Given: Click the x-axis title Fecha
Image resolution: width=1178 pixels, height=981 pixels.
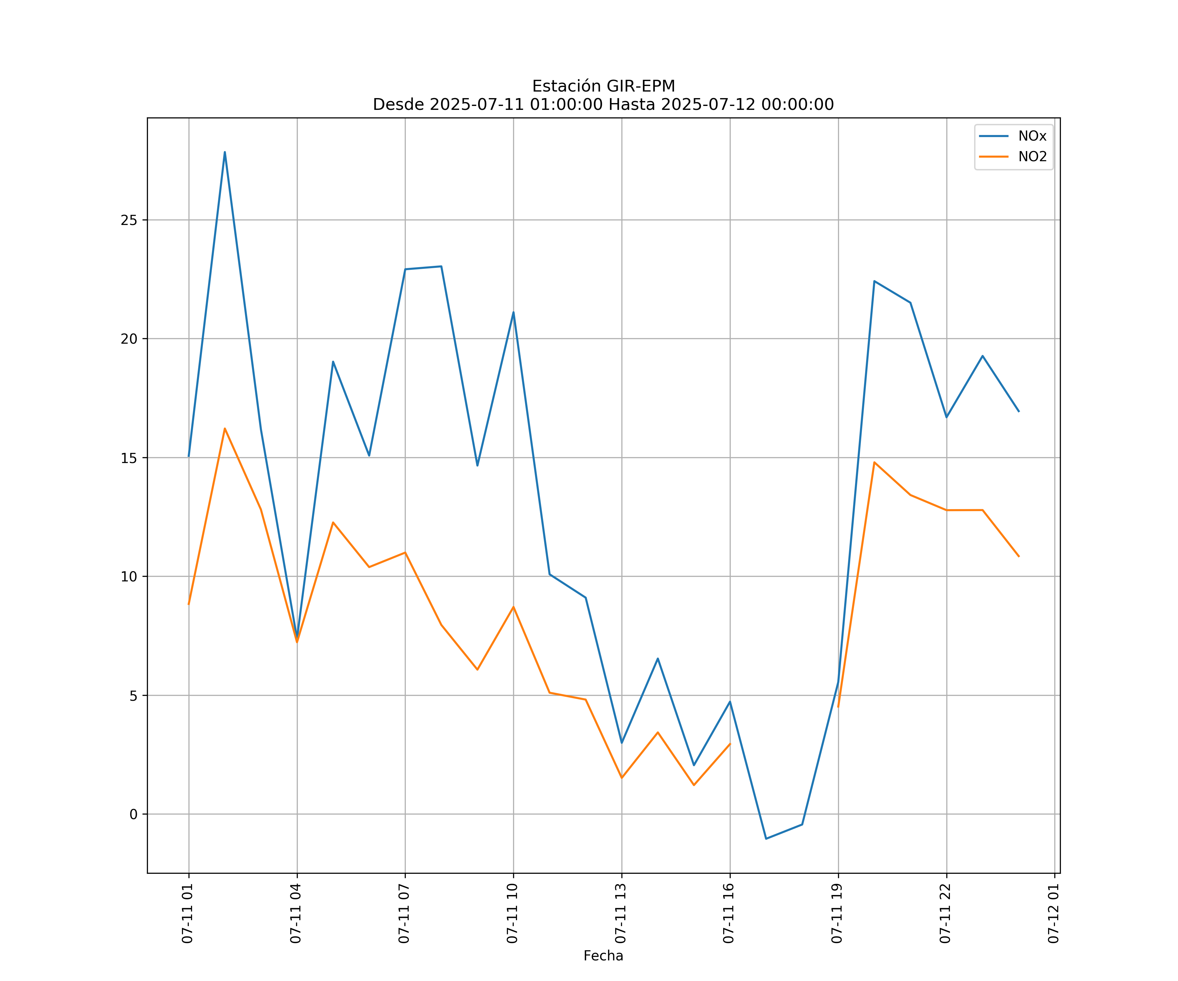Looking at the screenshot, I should [x=603, y=956].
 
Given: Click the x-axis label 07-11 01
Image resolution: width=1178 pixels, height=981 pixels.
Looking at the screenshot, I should [x=187, y=913].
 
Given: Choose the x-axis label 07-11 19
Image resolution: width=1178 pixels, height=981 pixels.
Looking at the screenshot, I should [x=837, y=913].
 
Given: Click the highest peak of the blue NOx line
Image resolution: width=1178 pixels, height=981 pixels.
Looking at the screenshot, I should [x=225, y=152].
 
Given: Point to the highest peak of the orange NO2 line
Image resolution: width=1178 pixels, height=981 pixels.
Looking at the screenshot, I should [x=225, y=429].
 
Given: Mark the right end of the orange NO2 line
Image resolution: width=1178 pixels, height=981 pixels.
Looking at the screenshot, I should [x=1019, y=556].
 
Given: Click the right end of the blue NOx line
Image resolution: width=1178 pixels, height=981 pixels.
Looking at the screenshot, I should [x=1019, y=411].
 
